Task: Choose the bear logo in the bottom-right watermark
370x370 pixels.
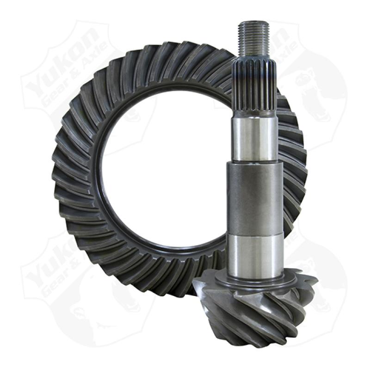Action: coord(324,296)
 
